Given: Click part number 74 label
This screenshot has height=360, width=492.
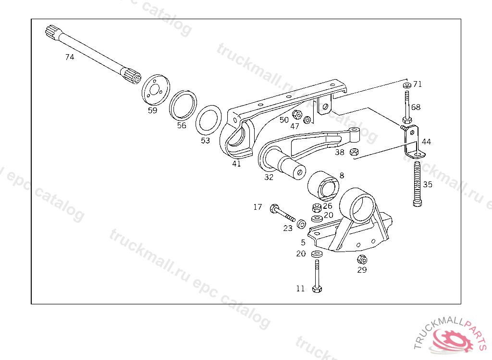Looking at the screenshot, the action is (70, 57).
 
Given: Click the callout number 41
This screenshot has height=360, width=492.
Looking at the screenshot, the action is (236, 164).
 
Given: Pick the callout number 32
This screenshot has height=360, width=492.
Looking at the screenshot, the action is (269, 177).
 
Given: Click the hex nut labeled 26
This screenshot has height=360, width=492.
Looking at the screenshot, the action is (316, 208).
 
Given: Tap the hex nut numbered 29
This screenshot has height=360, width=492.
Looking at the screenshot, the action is (362, 260).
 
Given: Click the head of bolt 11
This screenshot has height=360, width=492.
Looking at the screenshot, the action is (316, 289).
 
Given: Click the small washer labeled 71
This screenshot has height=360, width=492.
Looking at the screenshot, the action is (407, 85).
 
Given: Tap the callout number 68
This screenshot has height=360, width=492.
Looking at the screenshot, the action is (416, 107).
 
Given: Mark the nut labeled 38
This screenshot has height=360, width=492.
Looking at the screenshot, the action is (354, 152).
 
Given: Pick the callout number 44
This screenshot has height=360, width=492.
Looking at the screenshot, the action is (426, 142).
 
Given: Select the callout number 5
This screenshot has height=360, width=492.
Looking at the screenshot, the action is (303, 242).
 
